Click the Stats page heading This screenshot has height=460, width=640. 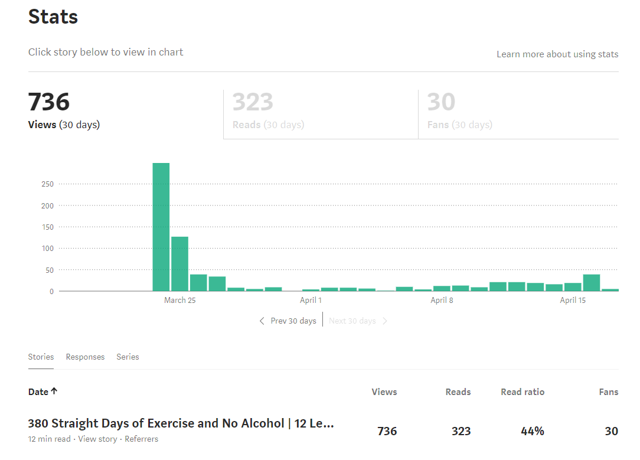[x=53, y=17]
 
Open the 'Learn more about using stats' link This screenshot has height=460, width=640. [x=557, y=54]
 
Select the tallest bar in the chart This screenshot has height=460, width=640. [x=161, y=227]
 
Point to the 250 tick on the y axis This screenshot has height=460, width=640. [x=47, y=184]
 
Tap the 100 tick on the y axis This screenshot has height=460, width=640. [x=47, y=249]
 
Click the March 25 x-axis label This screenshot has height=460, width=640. [x=179, y=300]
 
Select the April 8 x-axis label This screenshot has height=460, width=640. [x=442, y=300]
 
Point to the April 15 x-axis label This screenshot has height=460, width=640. [x=573, y=300]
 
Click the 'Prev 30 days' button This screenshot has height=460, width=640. [x=288, y=321]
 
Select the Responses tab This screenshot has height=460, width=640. [x=85, y=357]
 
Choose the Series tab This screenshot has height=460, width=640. [x=128, y=357]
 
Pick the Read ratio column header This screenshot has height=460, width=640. [x=523, y=392]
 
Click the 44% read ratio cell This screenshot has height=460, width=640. [x=532, y=431]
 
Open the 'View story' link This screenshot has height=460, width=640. [x=97, y=439]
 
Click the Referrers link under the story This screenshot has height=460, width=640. [x=142, y=439]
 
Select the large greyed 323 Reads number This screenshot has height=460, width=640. [x=253, y=102]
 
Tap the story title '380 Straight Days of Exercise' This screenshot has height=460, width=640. [x=181, y=423]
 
